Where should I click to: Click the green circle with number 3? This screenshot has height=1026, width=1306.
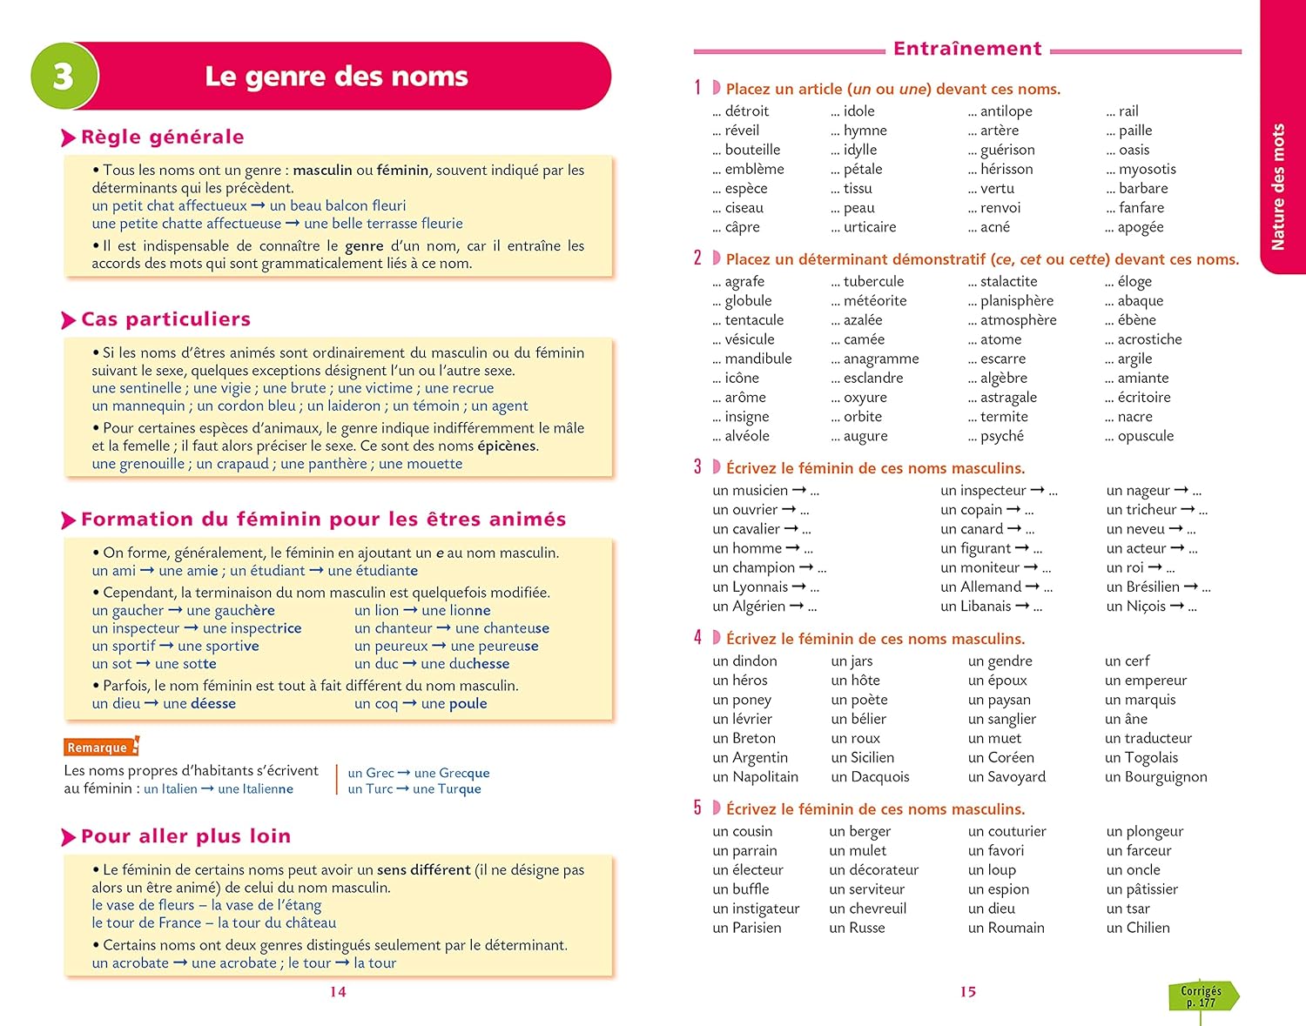(x=64, y=77)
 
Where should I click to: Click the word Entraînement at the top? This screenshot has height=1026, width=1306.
(x=967, y=49)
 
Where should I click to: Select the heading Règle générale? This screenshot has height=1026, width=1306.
(x=162, y=137)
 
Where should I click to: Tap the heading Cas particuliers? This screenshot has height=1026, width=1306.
(x=165, y=320)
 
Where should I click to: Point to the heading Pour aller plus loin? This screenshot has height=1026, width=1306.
(x=185, y=837)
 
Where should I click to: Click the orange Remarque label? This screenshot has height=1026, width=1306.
(x=98, y=748)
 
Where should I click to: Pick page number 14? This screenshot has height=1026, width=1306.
(x=338, y=992)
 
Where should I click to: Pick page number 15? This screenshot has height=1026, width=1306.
(x=968, y=992)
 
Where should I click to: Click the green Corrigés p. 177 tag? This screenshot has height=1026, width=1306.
(x=1202, y=996)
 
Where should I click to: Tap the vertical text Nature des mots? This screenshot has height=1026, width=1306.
(x=1278, y=187)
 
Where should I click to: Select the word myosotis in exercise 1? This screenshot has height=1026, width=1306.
(x=1147, y=169)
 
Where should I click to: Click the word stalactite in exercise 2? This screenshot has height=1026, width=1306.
(x=1008, y=282)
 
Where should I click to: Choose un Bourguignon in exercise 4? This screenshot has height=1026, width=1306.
(x=1155, y=777)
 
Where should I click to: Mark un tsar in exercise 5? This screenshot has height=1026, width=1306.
(x=1128, y=909)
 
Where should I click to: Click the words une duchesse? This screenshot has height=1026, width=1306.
(x=465, y=664)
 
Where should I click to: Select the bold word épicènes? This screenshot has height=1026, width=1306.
(x=507, y=446)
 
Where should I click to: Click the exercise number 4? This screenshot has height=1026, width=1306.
(x=697, y=638)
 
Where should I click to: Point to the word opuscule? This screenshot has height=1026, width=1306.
(x=1145, y=436)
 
